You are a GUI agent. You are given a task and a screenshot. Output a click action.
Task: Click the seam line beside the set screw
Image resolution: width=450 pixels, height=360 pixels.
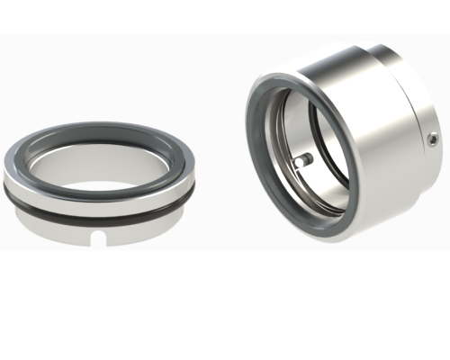(423, 148)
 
